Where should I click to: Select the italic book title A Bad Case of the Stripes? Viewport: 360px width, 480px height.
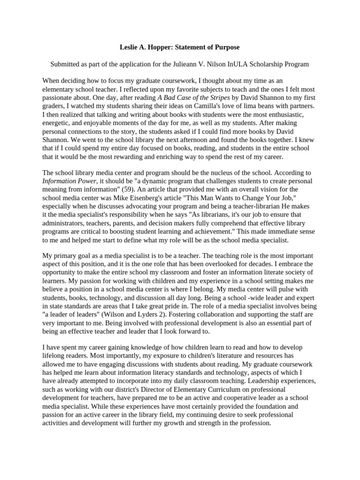194,97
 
